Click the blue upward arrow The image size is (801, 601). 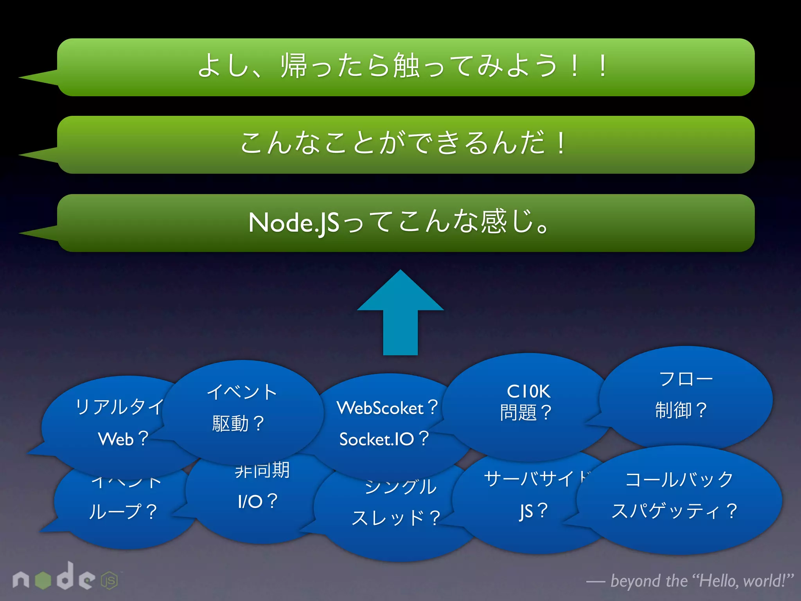tap(400, 313)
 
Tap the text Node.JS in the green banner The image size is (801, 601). tap(294, 223)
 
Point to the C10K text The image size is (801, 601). tap(528, 391)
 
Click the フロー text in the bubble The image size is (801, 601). tap(686, 379)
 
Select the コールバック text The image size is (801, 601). tap(679, 479)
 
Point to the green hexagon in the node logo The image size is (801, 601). tap(43, 580)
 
